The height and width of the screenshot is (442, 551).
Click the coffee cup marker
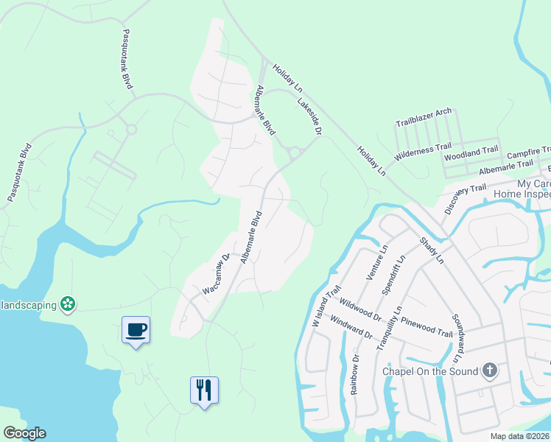click(136, 329)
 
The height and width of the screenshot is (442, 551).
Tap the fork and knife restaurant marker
click(204, 389)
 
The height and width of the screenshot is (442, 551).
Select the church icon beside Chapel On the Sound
click(490, 371)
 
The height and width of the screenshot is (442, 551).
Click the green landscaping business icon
click(68, 304)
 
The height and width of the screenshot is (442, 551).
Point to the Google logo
click(24, 433)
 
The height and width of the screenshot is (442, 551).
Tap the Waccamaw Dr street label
click(217, 275)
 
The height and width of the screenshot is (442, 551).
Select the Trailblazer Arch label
click(424, 117)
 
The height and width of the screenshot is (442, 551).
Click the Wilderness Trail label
click(422, 152)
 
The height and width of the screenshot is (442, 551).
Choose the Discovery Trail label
click(466, 200)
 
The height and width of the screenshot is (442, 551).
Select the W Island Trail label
click(326, 305)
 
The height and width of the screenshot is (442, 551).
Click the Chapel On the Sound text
click(430, 371)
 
